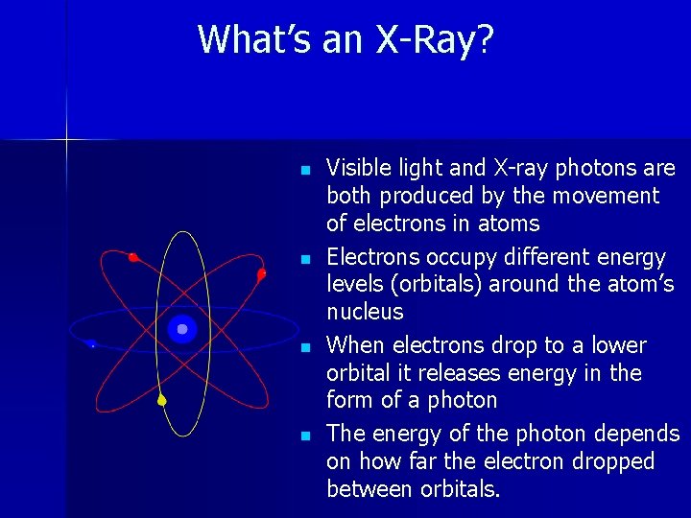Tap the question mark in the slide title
click(x=485, y=40)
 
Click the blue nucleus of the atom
click(x=181, y=329)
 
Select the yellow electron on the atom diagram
click(x=162, y=400)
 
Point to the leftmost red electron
click(x=133, y=257)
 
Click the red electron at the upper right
click(x=261, y=274)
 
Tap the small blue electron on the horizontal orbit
click(x=91, y=343)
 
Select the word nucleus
click(x=365, y=312)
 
